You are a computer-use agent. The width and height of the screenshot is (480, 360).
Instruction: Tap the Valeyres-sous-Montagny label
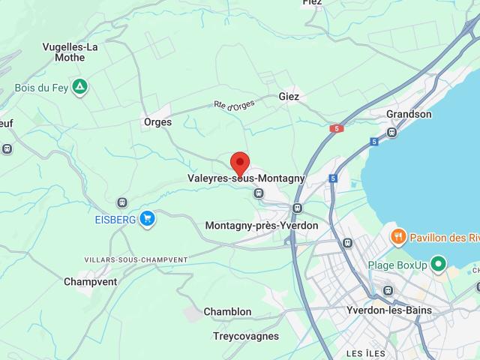(x=246, y=178)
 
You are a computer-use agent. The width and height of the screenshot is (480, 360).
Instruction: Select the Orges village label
(x=157, y=121)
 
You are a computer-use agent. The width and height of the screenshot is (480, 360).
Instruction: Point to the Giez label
(x=289, y=97)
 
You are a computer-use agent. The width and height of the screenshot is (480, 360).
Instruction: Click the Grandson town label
(x=409, y=114)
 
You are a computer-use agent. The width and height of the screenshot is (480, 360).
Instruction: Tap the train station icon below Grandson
(x=391, y=132)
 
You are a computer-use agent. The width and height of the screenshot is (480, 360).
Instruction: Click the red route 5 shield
(x=335, y=128)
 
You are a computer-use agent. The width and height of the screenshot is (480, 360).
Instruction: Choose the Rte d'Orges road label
(x=234, y=106)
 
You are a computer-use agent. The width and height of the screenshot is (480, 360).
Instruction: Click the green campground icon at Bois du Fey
(x=79, y=87)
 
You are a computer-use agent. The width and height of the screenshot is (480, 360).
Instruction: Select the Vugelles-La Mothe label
(x=70, y=52)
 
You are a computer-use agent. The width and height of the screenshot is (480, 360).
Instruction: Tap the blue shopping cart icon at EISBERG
(x=148, y=218)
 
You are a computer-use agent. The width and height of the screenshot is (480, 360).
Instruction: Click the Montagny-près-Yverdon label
(x=262, y=225)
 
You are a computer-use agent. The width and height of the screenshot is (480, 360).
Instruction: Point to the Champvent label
(x=90, y=282)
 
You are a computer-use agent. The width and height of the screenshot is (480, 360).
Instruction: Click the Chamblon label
(x=227, y=311)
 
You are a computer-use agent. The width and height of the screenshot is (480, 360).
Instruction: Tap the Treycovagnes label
(x=245, y=336)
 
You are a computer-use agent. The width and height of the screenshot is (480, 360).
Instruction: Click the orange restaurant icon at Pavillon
(x=397, y=238)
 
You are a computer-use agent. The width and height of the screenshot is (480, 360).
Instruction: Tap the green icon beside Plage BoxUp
(x=438, y=265)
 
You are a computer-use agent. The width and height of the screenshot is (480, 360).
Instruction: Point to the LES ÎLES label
(x=365, y=352)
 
